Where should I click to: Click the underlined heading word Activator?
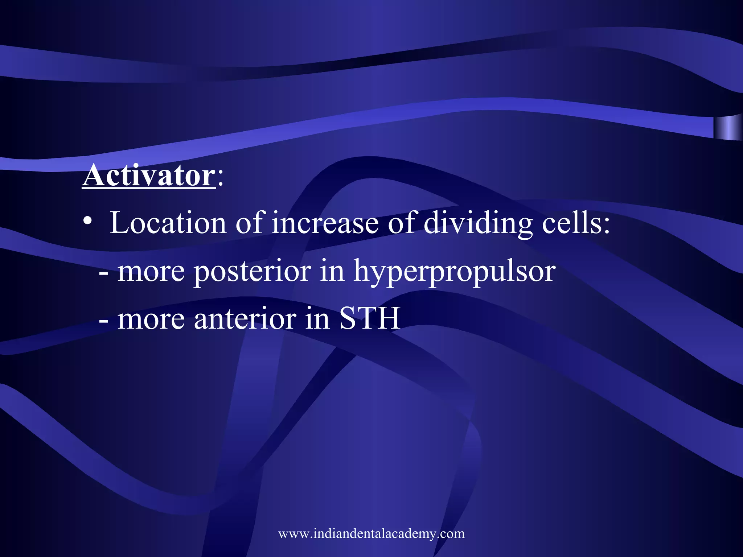pyautogui.click(x=149, y=176)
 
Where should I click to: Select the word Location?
pyautogui.click(x=168, y=223)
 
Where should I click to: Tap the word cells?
pyautogui.click(x=576, y=223)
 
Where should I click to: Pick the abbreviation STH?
pyautogui.click(x=370, y=318)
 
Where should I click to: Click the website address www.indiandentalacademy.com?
pyautogui.click(x=371, y=533)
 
